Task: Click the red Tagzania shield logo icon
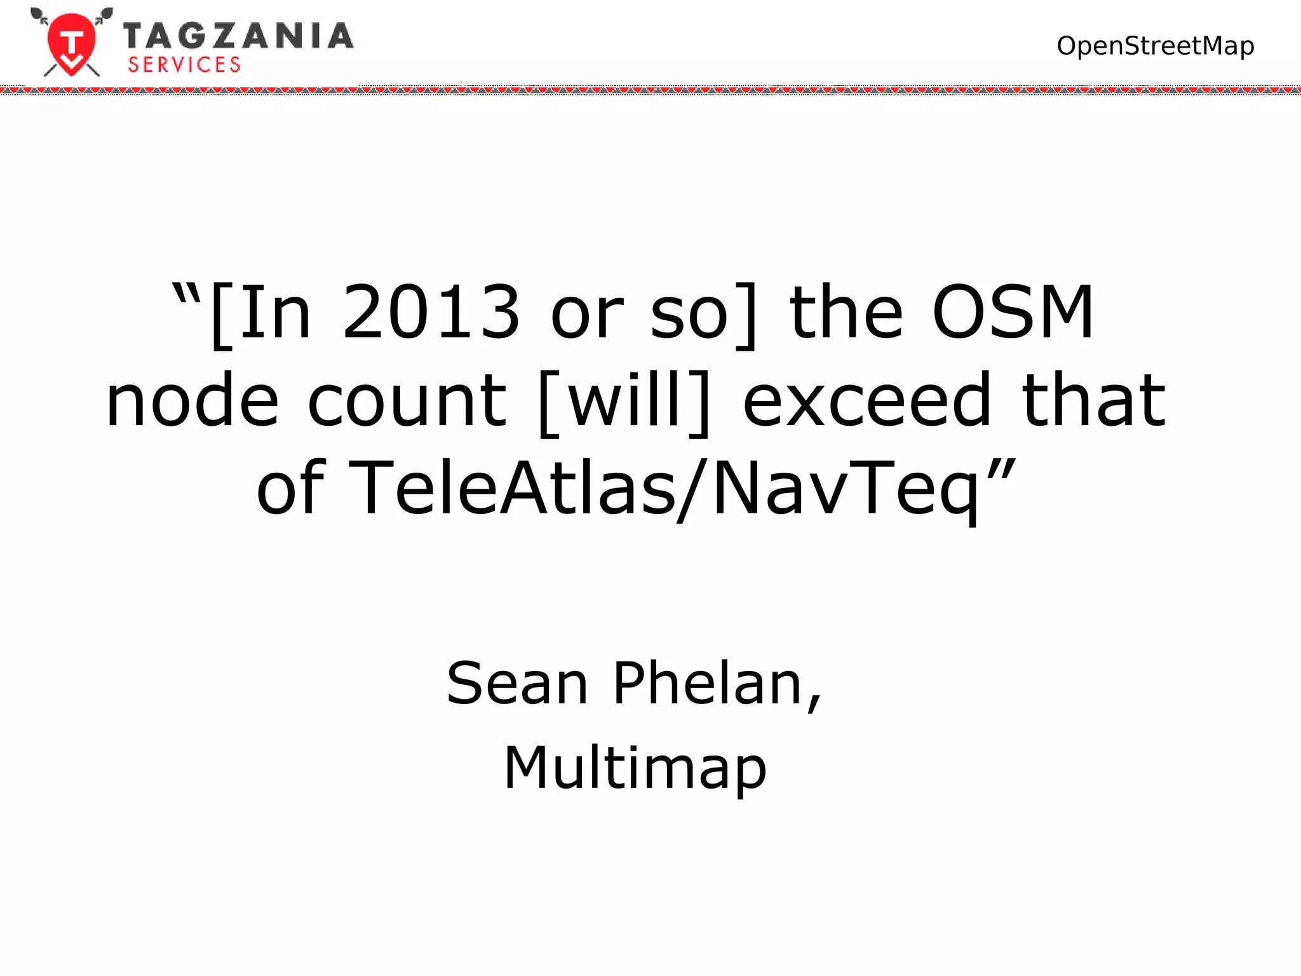72,43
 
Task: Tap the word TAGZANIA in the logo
238,36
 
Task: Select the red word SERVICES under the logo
184,65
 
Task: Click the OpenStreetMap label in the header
1155,46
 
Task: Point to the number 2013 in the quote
431,312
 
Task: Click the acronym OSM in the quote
1013,312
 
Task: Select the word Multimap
635,768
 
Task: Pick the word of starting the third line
291,488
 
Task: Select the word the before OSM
846,312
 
